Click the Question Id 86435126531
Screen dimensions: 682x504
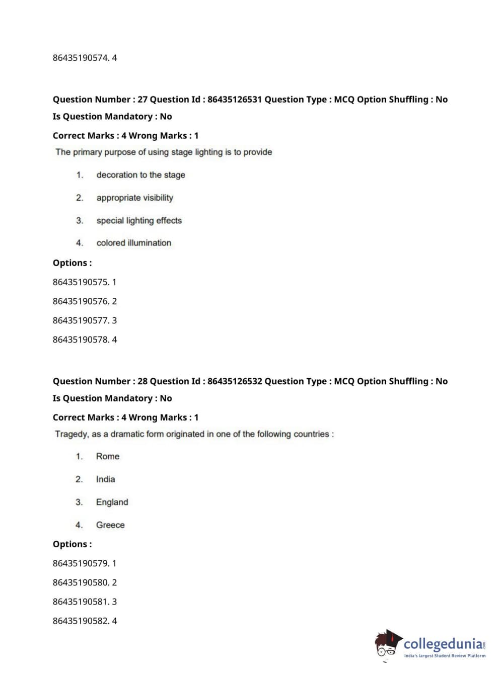234,100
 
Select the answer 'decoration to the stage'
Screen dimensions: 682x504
140,175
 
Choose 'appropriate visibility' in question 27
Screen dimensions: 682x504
134,198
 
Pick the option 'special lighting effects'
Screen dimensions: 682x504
139,220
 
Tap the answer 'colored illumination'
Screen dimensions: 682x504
133,243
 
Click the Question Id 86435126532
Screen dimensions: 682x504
234,381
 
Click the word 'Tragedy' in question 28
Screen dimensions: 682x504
71,434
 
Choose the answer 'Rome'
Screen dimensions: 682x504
108,456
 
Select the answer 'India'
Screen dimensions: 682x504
105,479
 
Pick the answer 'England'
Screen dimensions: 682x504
112,502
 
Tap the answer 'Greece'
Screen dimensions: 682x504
110,525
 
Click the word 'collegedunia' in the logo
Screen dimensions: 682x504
443,644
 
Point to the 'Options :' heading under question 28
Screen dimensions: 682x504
72,544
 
